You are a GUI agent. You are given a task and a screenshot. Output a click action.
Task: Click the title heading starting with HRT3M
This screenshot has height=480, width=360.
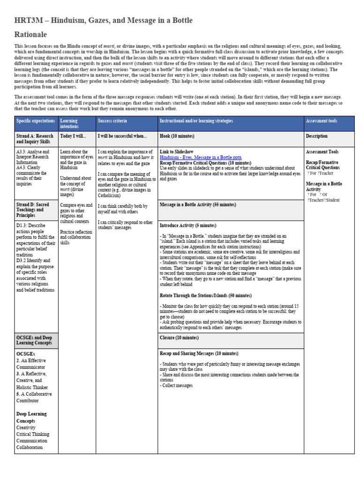coord(103,21)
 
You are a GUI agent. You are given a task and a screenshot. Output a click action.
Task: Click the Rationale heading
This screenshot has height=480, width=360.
coord(30,35)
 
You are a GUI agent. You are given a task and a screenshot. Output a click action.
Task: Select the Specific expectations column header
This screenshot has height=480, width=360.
coord(36,121)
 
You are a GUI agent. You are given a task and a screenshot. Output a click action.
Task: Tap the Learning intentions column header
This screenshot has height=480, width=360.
coord(69,124)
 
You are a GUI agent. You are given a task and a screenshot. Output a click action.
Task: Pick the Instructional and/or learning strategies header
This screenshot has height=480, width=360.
coord(196,121)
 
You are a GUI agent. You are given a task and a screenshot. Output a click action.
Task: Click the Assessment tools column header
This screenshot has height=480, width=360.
coord(322,121)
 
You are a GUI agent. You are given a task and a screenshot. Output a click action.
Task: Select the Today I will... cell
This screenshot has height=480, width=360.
coord(73,136)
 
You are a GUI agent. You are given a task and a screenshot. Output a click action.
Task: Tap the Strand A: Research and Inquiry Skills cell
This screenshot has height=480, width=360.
coord(35,139)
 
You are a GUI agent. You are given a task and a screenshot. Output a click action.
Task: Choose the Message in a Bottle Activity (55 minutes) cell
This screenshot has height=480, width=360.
coord(198,205)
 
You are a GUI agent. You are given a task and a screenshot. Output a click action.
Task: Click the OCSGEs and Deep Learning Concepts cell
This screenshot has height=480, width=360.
coord(35,340)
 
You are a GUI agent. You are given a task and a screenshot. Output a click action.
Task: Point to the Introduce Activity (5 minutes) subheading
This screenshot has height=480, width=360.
coord(188,225)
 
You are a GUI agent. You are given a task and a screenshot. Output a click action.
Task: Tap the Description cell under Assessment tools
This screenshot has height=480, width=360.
coord(317,136)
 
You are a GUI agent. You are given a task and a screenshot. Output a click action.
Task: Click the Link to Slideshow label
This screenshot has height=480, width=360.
coord(177,152)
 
